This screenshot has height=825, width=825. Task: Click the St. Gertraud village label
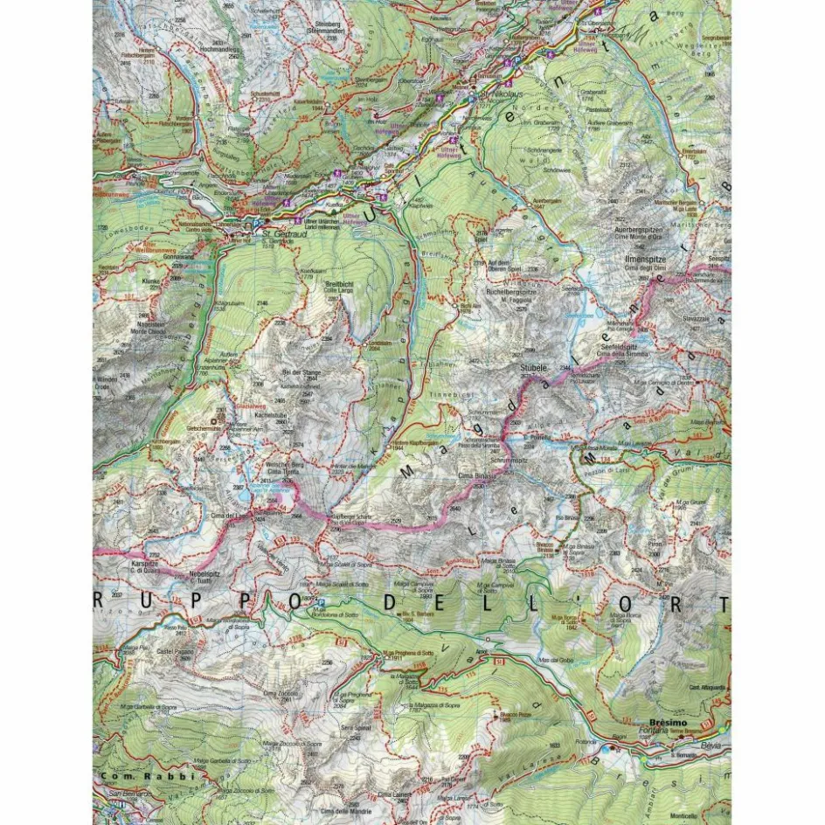(x=272, y=235)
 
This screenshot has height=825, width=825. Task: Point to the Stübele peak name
(x=532, y=370)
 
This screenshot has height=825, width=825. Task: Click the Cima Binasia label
(x=476, y=477)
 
